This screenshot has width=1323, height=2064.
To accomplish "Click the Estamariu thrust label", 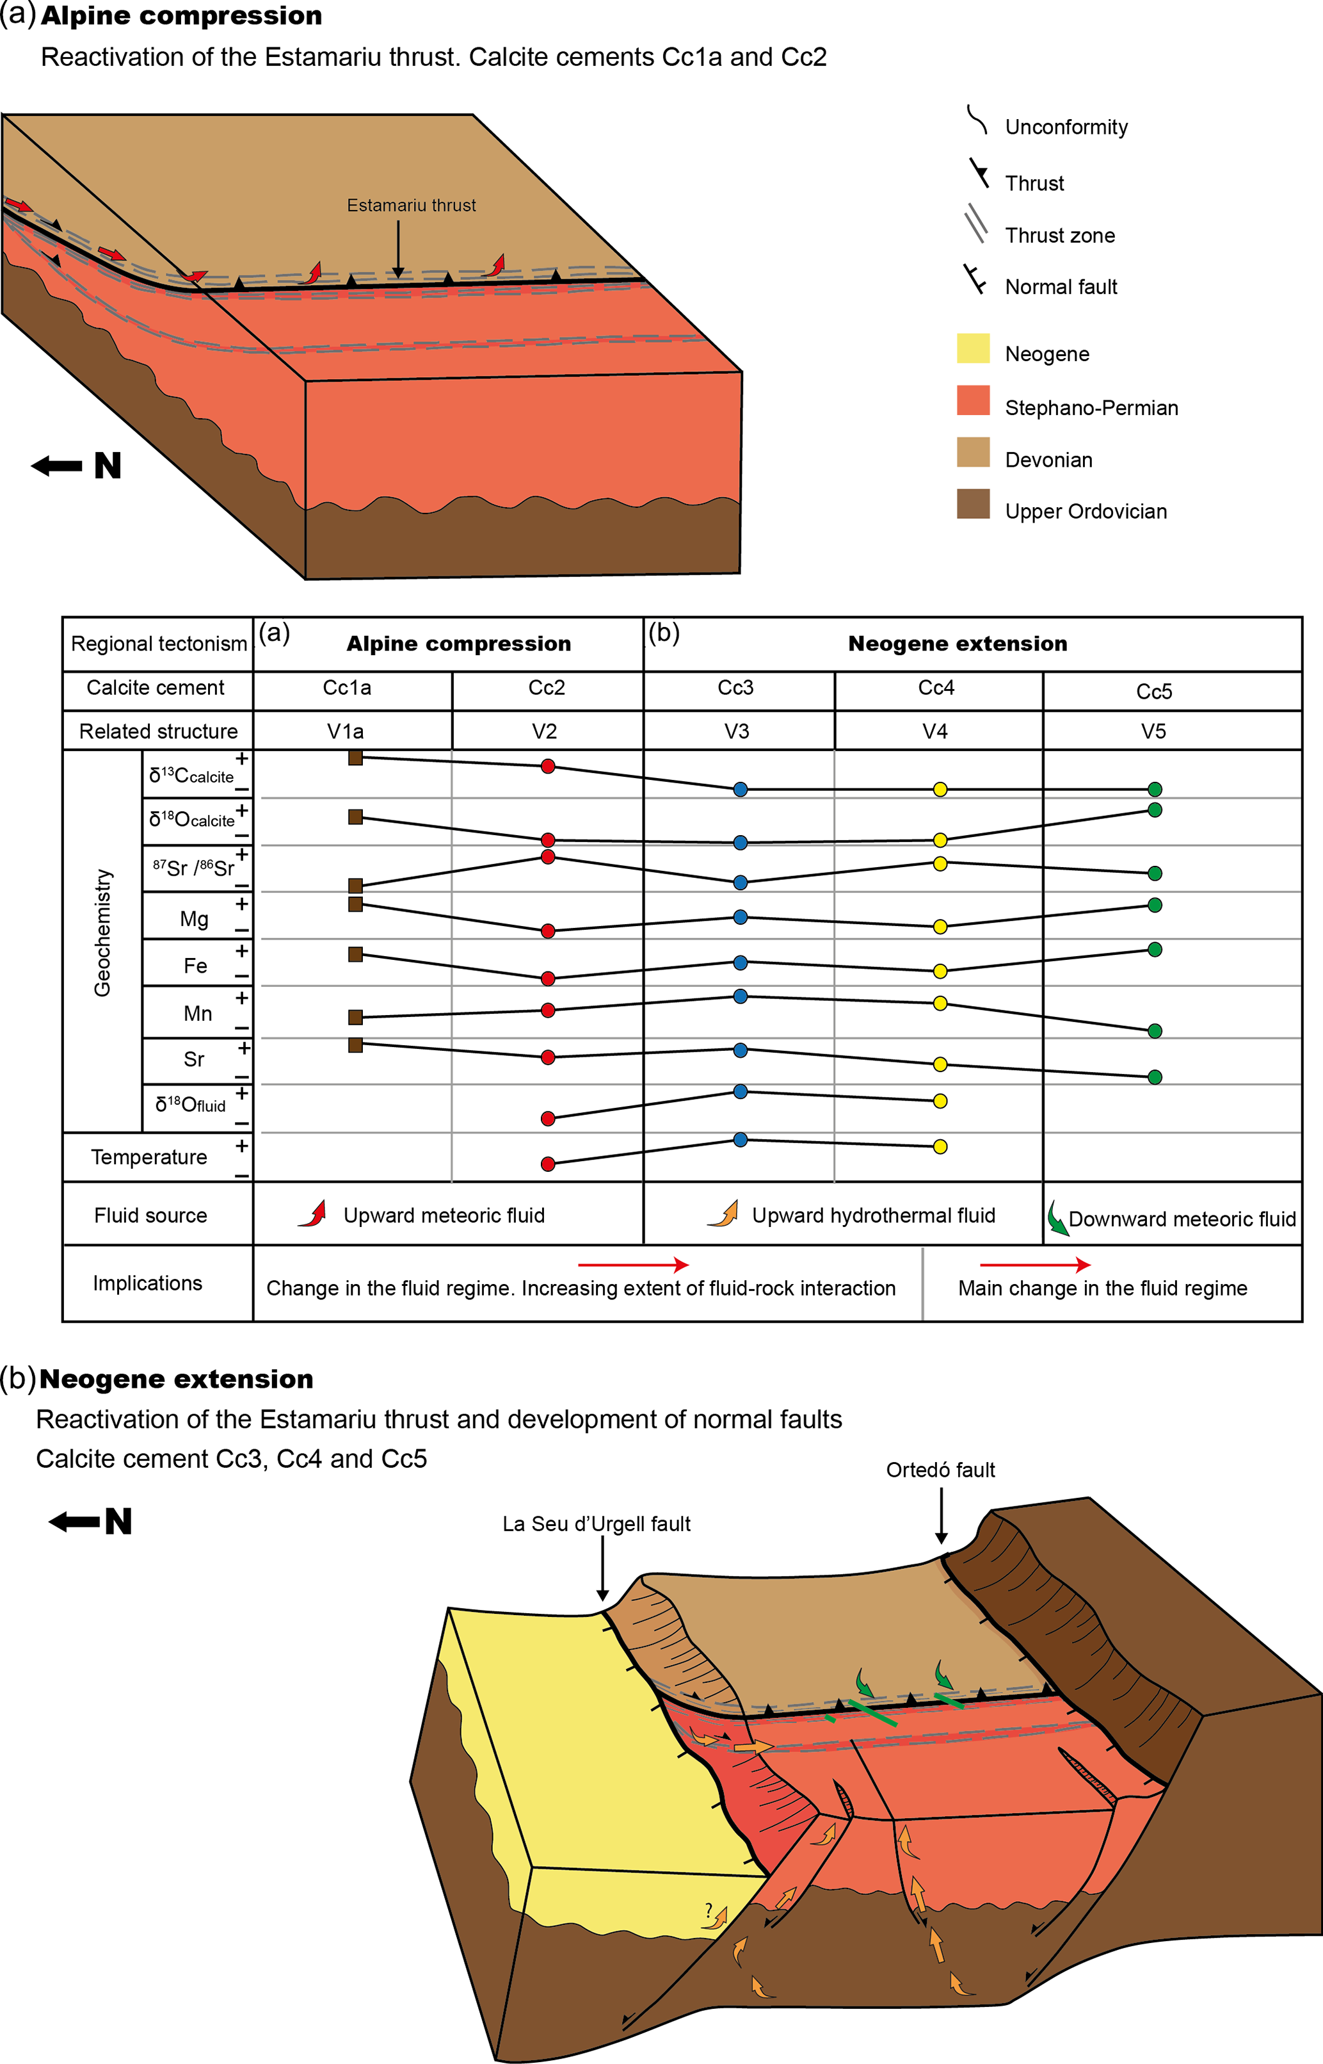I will pyautogui.click(x=411, y=206).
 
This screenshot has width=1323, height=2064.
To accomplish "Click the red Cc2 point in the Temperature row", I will pyautogui.click(x=548, y=1164).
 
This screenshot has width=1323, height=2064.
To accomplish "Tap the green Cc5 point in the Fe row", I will pyautogui.click(x=1155, y=950).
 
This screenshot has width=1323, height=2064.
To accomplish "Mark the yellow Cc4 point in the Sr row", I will pyautogui.click(x=940, y=1064).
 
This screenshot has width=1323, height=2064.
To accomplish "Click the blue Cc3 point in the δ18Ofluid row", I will pyautogui.click(x=740, y=1091).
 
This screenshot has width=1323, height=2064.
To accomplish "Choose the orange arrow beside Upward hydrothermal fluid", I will pyautogui.click(x=724, y=1214).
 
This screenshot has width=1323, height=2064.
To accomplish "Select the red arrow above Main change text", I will pyautogui.click(x=1034, y=1265).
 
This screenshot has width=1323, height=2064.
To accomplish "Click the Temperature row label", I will pyautogui.click(x=148, y=1157).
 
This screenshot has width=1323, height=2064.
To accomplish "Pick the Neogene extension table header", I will pyautogui.click(x=957, y=644).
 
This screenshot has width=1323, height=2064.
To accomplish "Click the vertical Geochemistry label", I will pyautogui.click(x=102, y=932).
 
